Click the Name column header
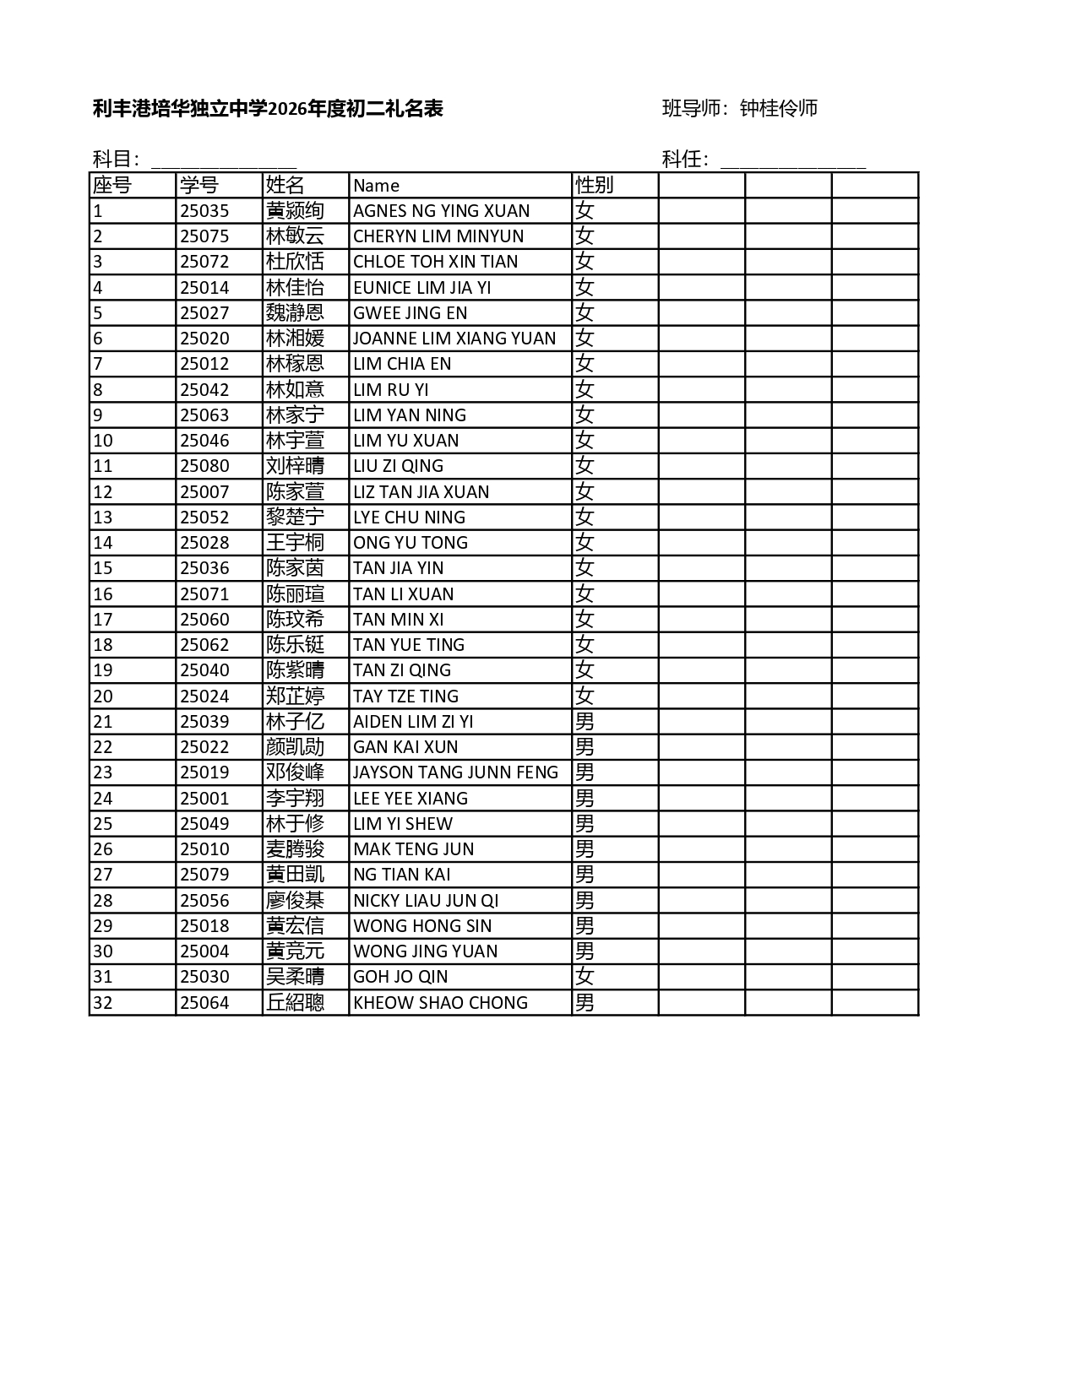click(376, 186)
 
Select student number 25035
click(204, 211)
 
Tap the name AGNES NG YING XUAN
click(441, 211)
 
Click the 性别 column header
click(594, 185)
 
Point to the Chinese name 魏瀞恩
click(295, 313)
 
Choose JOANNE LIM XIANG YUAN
click(454, 339)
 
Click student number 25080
click(204, 466)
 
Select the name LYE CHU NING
click(409, 518)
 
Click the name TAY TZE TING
click(405, 696)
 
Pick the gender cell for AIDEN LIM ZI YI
click(585, 722)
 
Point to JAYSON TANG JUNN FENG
click(455, 772)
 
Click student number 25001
click(204, 799)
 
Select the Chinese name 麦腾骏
click(295, 849)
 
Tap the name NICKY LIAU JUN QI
click(426, 901)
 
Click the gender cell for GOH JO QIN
click(585, 977)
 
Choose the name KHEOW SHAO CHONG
click(440, 1003)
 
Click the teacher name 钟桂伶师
click(779, 108)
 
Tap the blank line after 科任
click(792, 160)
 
